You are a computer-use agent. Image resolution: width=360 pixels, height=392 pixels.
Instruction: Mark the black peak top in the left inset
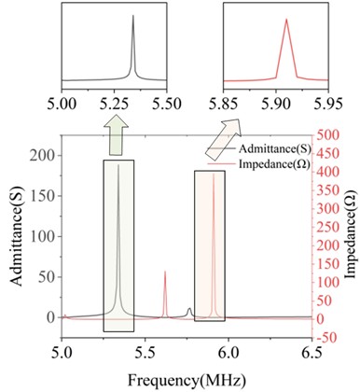coord(133,16)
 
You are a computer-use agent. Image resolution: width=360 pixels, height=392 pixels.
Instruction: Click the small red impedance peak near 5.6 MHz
coord(165,273)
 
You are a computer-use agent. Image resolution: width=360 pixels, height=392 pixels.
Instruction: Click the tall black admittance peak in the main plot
coord(118,166)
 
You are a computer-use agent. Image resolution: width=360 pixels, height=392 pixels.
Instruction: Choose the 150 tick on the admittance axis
coord(43,196)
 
